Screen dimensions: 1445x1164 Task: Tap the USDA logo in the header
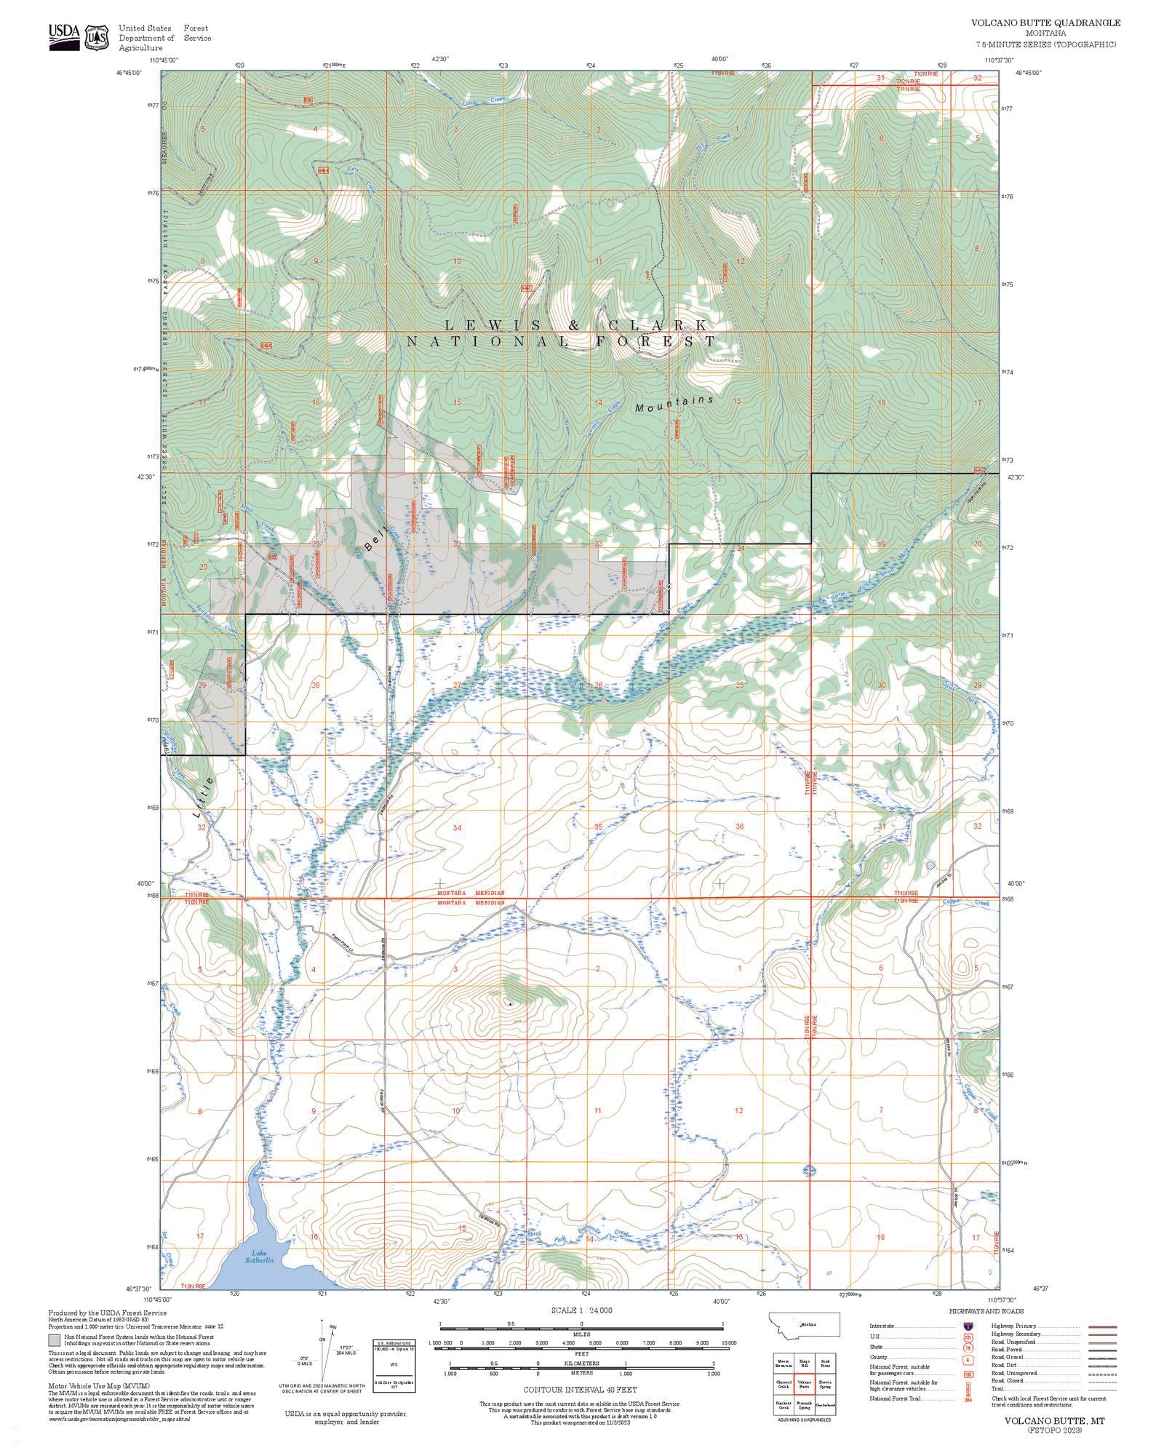(65, 37)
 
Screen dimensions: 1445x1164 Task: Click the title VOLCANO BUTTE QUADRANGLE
(1045, 23)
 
